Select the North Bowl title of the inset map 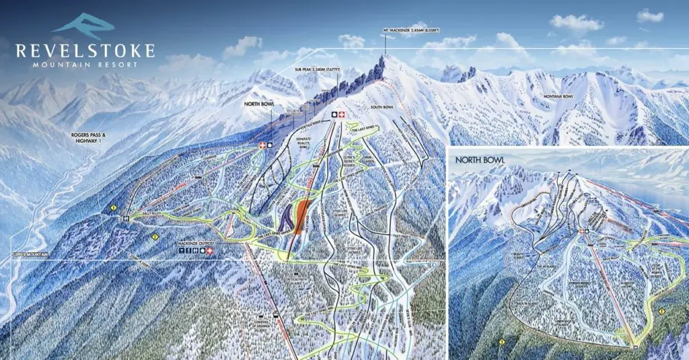(479, 159)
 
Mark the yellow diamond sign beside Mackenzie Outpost (155, 236)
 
